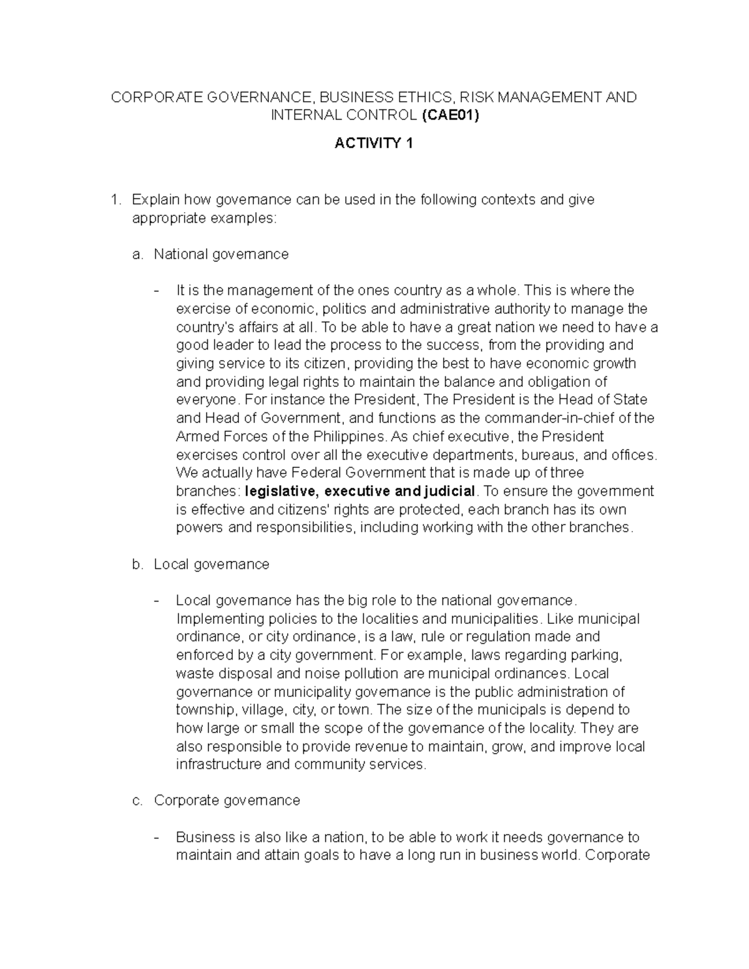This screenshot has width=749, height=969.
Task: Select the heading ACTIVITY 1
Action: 374,144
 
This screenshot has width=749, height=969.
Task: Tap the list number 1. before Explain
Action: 114,200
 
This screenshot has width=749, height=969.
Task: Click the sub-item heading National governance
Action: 221,254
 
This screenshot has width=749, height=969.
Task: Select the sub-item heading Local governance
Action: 212,564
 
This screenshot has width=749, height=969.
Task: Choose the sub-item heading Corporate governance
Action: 227,800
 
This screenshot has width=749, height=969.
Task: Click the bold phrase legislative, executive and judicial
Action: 361,491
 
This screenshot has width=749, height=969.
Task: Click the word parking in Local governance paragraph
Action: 599,655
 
